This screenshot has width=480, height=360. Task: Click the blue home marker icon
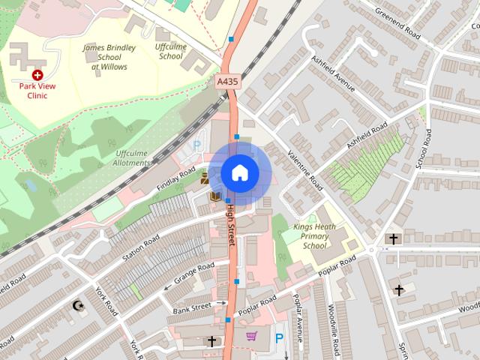click(x=238, y=173)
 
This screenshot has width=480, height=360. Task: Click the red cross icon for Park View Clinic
click(x=37, y=75)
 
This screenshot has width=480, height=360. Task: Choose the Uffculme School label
click(x=171, y=52)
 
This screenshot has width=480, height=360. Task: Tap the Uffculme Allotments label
click(x=133, y=158)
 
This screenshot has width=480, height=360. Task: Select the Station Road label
click(x=141, y=247)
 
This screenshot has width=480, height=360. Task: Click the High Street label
click(x=231, y=225)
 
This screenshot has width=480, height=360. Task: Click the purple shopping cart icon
click(x=251, y=336)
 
